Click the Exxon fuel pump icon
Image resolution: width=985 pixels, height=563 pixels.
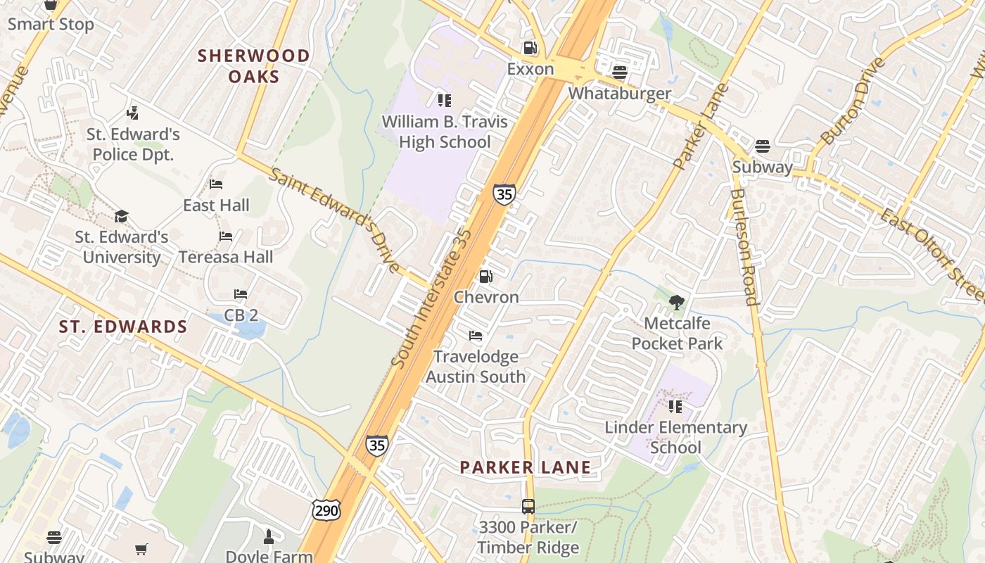530,48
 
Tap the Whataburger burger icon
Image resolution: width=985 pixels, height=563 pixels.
620,72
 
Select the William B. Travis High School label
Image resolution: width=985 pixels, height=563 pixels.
445,132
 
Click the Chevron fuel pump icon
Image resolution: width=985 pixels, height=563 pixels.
485,277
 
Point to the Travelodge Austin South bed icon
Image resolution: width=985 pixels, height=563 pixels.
476,336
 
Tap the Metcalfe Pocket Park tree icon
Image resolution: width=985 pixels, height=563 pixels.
677,303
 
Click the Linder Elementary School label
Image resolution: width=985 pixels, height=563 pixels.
675,437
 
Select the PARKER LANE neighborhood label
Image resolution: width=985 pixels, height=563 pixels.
526,467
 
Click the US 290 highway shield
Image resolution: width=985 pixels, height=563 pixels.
326,510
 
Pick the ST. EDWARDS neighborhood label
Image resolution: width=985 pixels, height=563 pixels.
123,327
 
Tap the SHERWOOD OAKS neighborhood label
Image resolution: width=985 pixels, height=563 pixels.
254,66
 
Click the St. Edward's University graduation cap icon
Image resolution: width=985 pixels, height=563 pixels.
122,215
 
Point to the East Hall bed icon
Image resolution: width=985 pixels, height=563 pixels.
216,184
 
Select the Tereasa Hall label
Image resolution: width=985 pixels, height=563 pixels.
226,257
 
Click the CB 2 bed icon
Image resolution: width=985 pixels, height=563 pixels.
241,293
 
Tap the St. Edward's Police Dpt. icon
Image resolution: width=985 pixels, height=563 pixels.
133,113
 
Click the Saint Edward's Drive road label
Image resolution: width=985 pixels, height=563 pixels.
335,220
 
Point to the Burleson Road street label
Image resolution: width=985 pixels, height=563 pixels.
744,246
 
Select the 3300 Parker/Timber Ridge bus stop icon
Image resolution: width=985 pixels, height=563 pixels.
528,506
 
